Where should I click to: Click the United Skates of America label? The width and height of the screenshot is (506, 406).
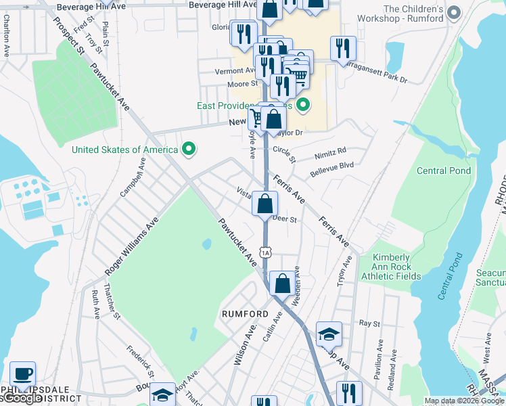tap(125, 150)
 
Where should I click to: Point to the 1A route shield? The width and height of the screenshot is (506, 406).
tap(266, 252)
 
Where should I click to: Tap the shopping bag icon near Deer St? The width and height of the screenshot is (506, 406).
tap(265, 203)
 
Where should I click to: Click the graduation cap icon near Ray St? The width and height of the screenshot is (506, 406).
tap(329, 334)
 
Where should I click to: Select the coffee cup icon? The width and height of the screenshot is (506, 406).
tap(23, 374)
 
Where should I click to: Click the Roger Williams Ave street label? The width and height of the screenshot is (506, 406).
tap(131, 246)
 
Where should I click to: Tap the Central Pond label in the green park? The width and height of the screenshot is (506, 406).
tap(444, 171)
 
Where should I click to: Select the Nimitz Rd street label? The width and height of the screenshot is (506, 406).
tap(330, 152)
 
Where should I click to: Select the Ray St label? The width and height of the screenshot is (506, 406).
tap(366, 324)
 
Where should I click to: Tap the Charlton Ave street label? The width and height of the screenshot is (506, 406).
tap(7, 41)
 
